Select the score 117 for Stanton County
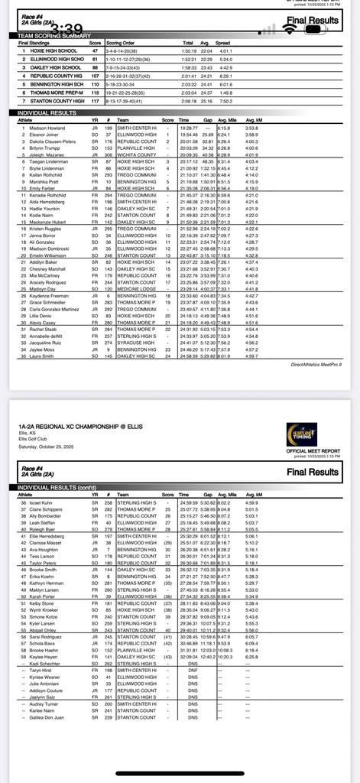[x=95, y=101]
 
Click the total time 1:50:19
[x=188, y=50]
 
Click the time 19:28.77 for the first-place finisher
[x=188, y=128]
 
